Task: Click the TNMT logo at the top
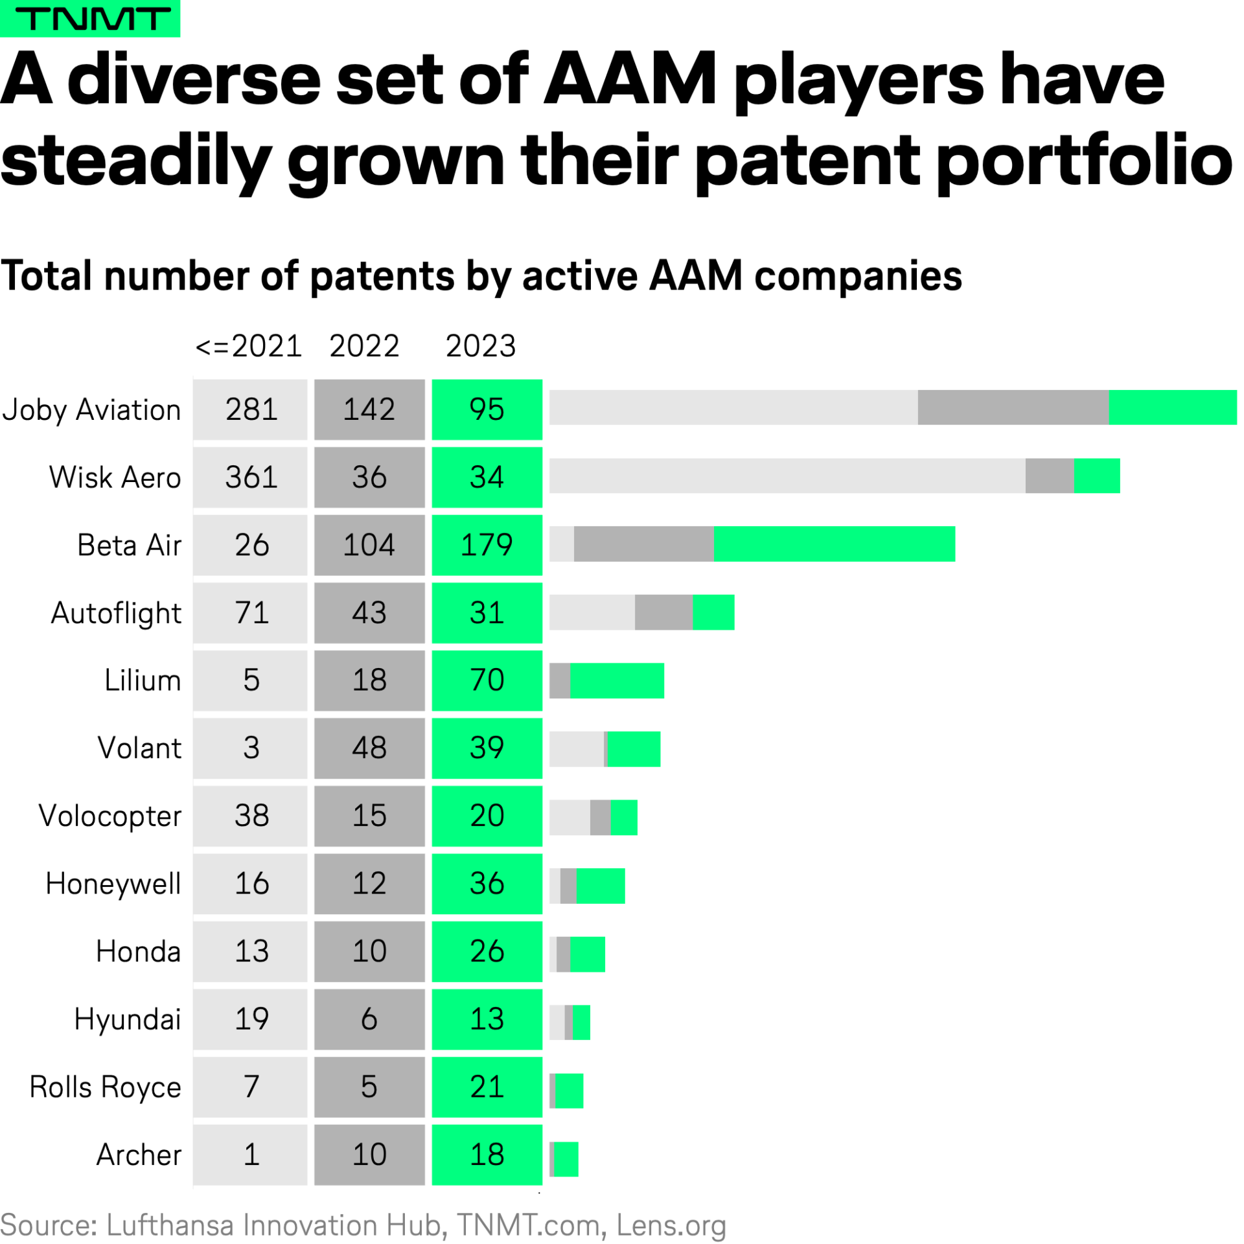click(90, 18)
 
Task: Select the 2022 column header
click(364, 346)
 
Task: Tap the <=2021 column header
click(249, 346)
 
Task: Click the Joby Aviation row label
click(91, 410)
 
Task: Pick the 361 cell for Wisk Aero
click(251, 478)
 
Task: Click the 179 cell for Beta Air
click(487, 545)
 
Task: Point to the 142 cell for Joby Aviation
click(369, 409)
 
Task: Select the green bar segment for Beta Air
click(834, 544)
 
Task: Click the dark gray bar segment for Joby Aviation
click(1013, 408)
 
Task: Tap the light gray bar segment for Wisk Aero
click(787, 476)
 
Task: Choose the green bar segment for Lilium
click(617, 680)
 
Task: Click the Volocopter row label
click(110, 816)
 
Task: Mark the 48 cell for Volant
click(369, 748)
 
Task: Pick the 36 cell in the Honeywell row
click(487, 884)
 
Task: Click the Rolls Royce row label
click(106, 1087)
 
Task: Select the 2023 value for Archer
click(487, 1155)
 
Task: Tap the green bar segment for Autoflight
click(713, 612)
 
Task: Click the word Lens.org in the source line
click(671, 1225)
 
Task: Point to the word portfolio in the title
click(1085, 160)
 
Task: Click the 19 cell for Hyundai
click(251, 1019)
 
